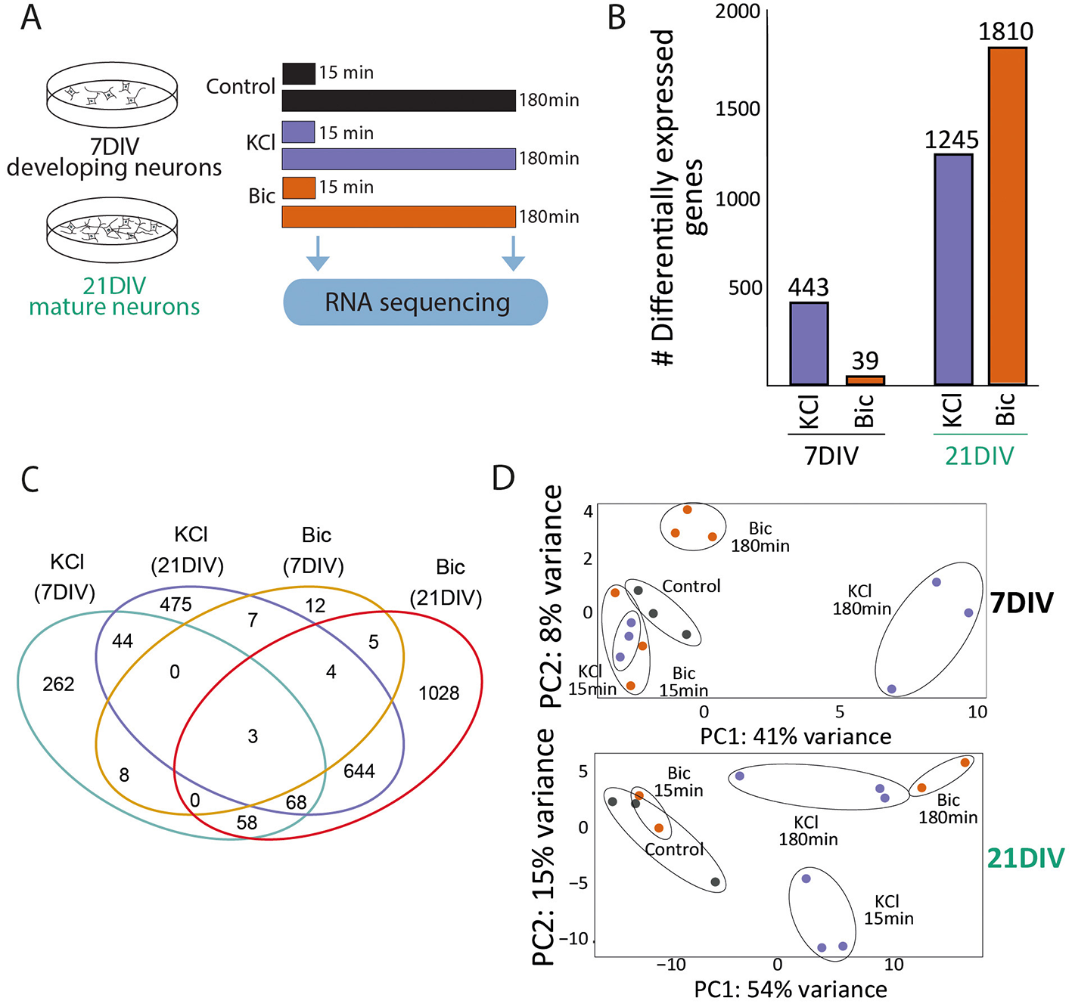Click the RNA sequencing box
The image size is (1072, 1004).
tap(415, 302)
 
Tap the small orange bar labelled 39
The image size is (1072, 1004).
tap(865, 380)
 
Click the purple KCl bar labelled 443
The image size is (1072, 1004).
tap(809, 344)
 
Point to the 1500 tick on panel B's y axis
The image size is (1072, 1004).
tap(738, 109)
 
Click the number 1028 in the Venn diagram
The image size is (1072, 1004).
tap(439, 693)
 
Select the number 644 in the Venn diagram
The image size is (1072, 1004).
tap(359, 771)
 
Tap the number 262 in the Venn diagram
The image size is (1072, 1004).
tap(58, 684)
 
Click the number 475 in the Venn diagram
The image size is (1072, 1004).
tap(176, 605)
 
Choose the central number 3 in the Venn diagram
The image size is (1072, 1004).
tap(253, 736)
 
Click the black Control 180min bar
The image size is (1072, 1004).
tap(399, 101)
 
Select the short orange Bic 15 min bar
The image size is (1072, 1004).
tap(299, 187)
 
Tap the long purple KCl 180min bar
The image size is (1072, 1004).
tap(399, 159)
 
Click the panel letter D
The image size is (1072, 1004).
tap(503, 478)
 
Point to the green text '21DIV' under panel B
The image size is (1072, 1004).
tap(980, 456)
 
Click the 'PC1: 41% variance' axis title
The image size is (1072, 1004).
tap(796, 736)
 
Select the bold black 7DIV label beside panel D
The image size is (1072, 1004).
tap(1021, 603)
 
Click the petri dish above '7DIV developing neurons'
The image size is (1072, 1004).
tap(113, 96)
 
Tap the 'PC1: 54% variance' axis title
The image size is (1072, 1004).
tap(791, 989)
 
